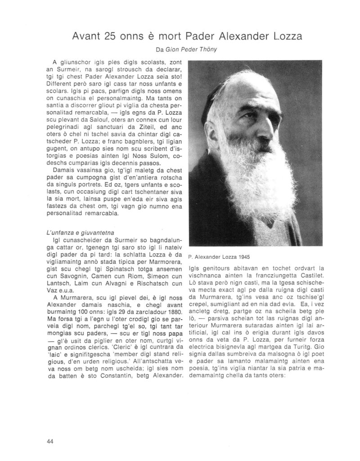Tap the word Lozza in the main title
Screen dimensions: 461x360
[275, 37]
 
